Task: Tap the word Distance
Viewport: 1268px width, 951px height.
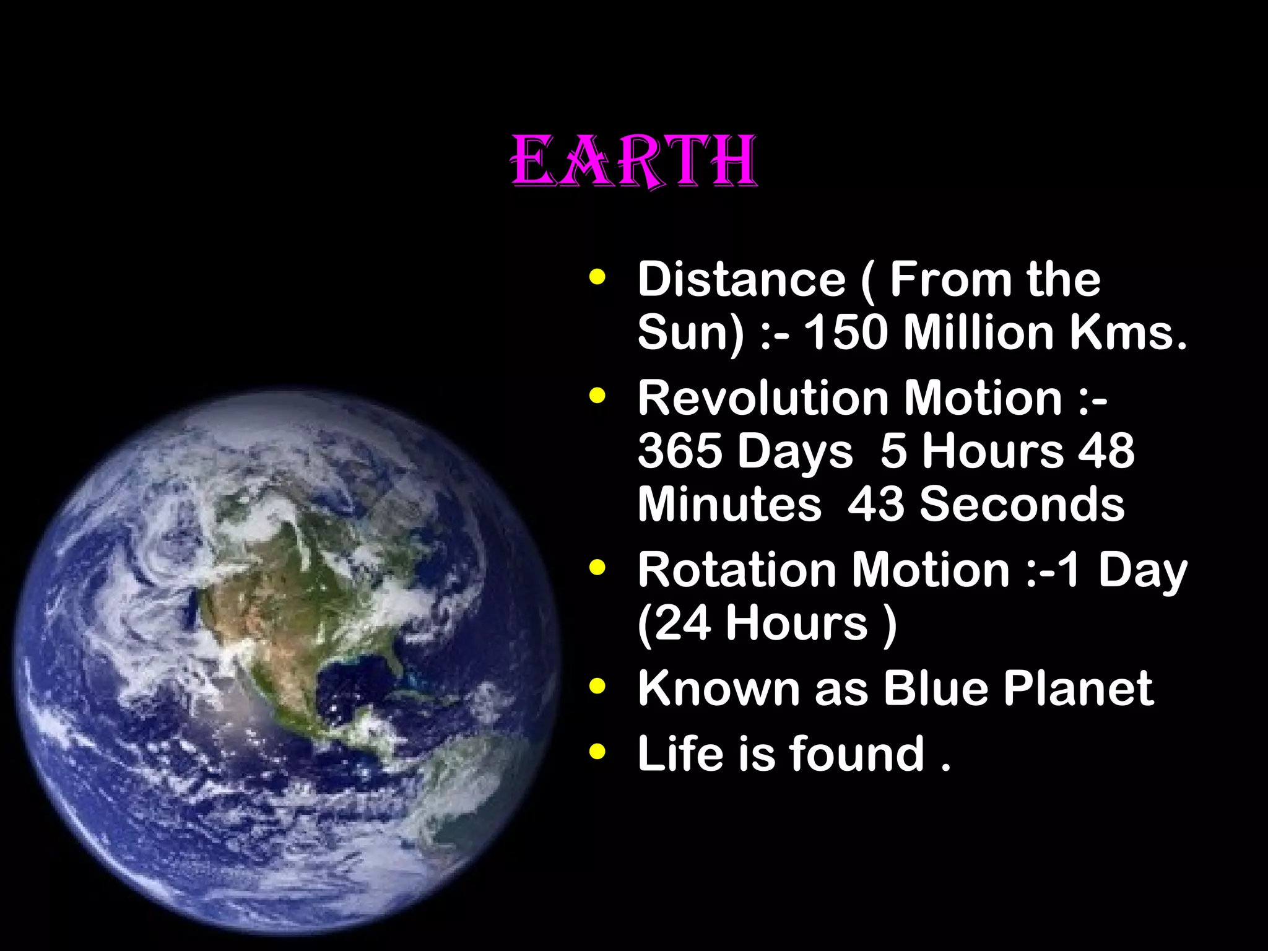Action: pos(741,280)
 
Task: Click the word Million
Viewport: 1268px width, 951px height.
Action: pos(978,332)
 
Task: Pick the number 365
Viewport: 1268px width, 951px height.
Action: pos(680,451)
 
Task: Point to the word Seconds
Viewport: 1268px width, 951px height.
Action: pos(1022,504)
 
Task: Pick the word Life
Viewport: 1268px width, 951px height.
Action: pos(680,753)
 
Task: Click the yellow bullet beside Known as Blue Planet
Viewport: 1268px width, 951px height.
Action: pos(597,687)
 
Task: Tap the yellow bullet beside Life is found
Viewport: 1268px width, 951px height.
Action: pos(597,752)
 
